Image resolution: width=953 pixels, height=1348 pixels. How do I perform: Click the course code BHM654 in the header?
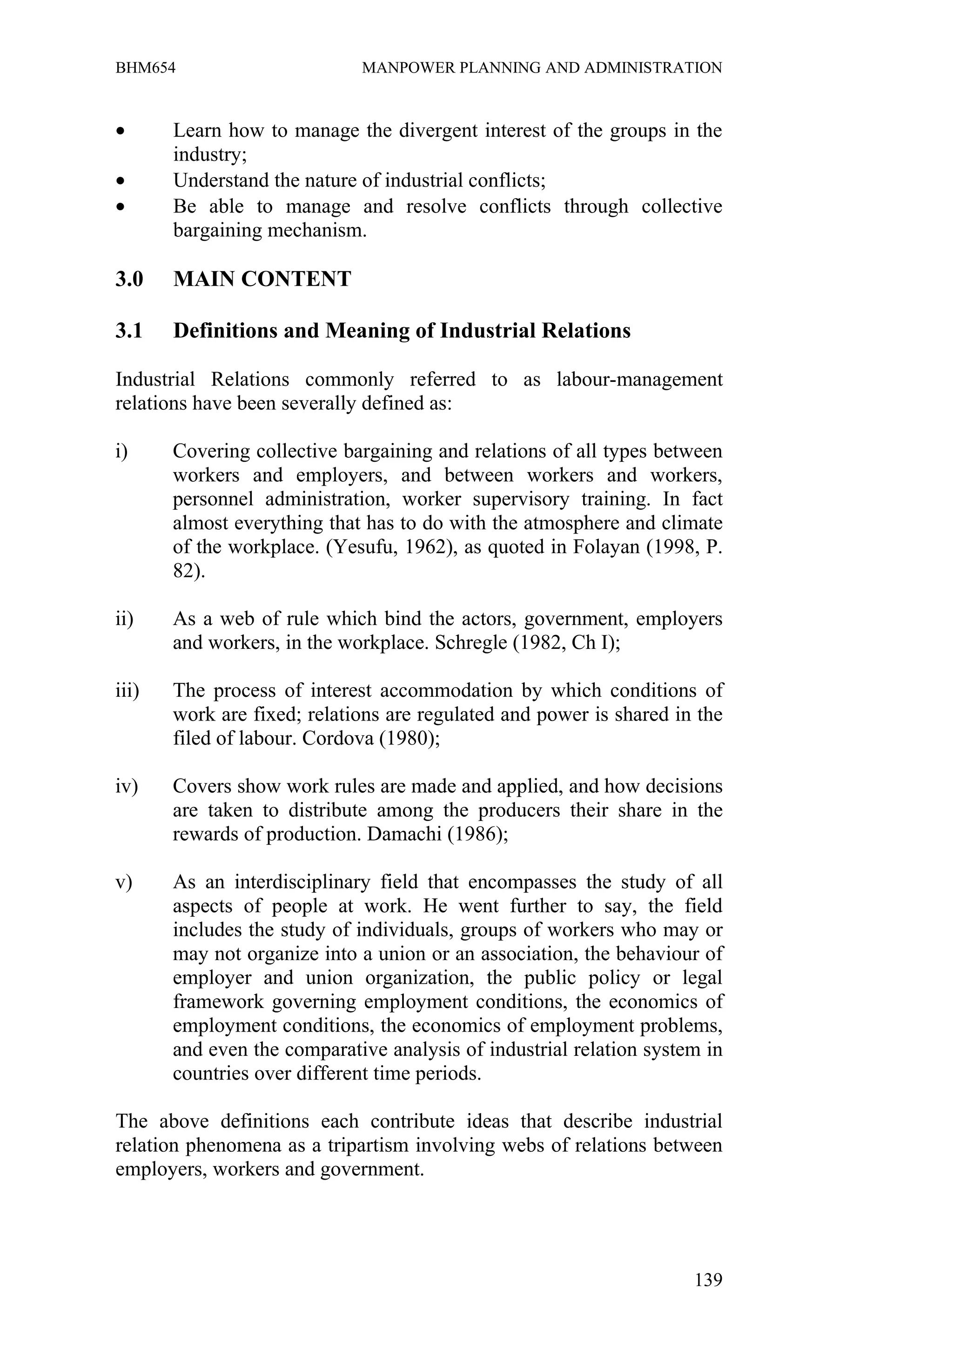click(x=145, y=68)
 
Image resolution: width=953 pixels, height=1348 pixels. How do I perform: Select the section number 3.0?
click(x=129, y=279)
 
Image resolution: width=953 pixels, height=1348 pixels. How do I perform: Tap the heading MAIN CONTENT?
click(x=262, y=279)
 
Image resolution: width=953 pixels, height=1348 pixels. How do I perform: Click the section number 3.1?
click(x=129, y=331)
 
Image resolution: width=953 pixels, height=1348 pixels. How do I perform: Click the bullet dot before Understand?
click(x=121, y=181)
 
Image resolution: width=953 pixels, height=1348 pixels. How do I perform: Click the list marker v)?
click(x=124, y=882)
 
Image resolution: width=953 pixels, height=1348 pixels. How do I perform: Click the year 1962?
click(x=430, y=547)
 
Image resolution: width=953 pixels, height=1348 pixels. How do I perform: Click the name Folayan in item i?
click(x=605, y=547)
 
